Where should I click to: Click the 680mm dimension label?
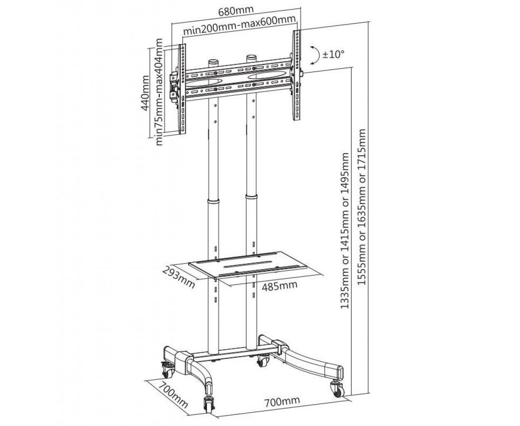coord(236,11)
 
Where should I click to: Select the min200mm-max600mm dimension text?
coord(239,26)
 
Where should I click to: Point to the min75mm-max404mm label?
coord(159,92)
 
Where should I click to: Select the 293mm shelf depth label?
coord(179,277)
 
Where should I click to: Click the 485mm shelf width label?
coord(280,286)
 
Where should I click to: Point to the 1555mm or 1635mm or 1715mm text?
coord(361,207)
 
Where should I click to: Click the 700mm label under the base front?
coord(282,394)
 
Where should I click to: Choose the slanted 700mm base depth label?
coord(173,394)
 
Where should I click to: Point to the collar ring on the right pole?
coord(251,197)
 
